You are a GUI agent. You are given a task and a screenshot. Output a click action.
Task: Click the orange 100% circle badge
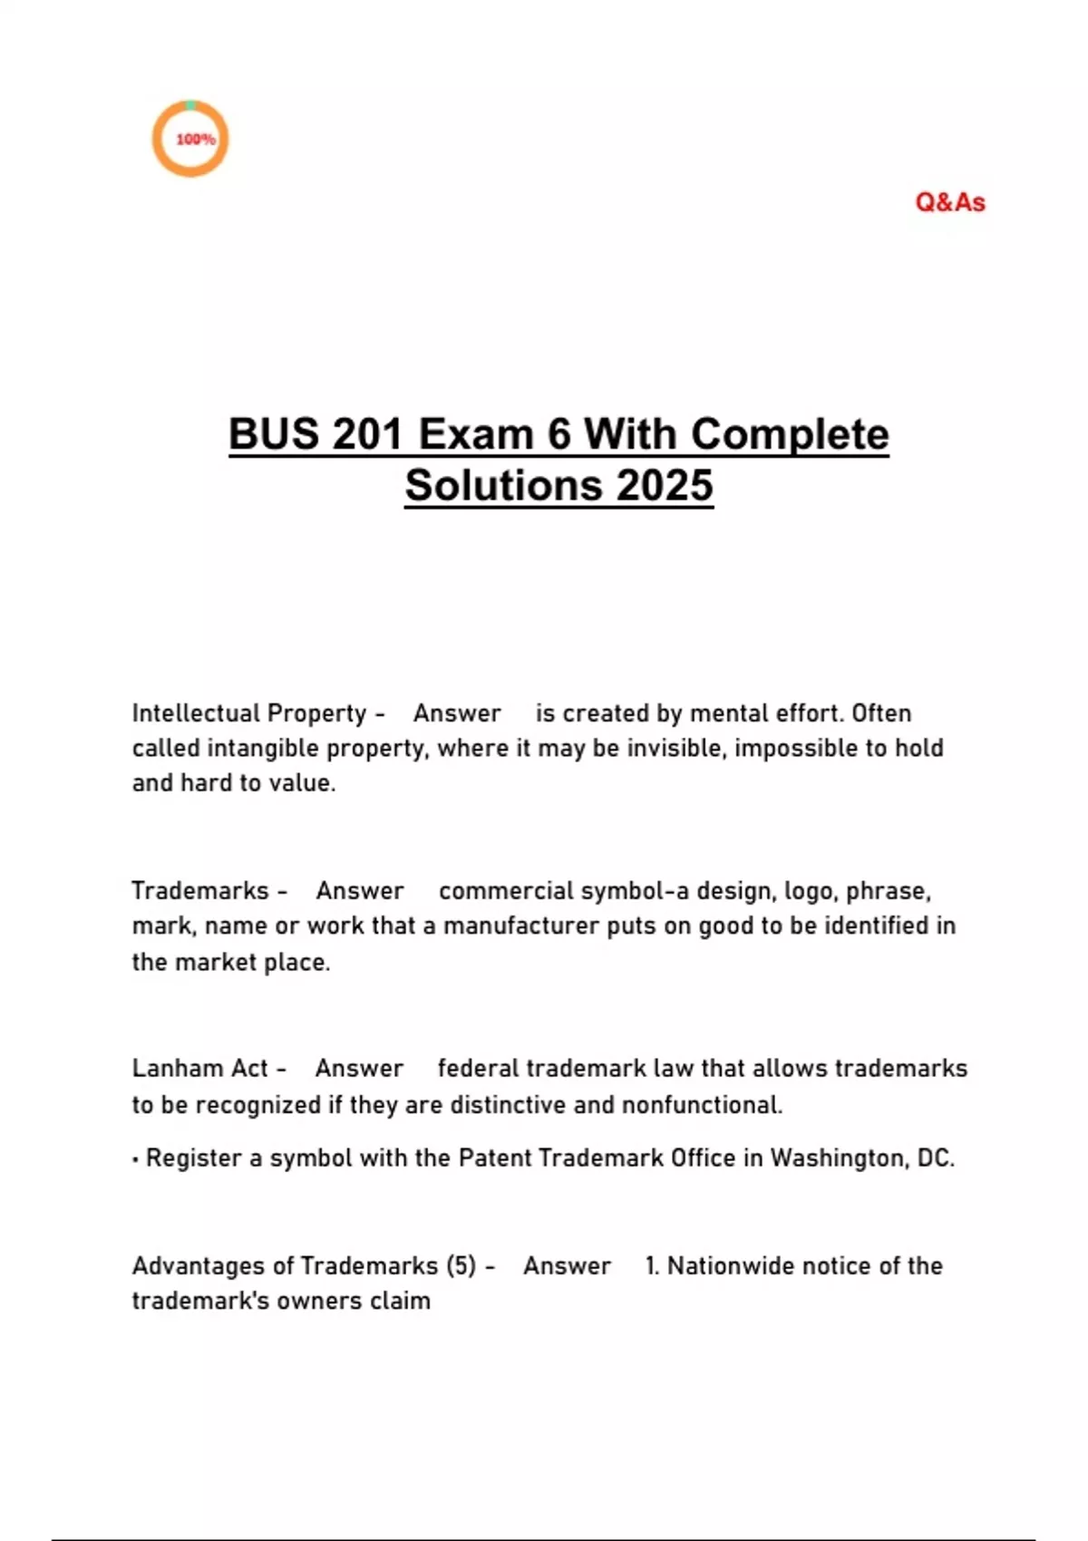(x=189, y=139)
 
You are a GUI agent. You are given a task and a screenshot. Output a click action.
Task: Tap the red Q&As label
(x=949, y=202)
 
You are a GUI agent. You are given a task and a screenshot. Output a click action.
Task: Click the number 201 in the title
(x=366, y=434)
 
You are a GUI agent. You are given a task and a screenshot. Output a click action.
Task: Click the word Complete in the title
(x=790, y=434)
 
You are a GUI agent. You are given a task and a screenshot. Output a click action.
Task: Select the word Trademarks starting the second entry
(x=199, y=891)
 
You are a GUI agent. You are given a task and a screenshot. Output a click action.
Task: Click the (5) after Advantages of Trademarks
(x=461, y=1265)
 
